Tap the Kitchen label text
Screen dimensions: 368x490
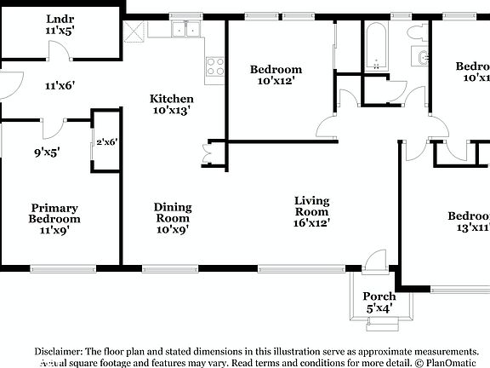coord(172,99)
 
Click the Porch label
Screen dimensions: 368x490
coord(379,296)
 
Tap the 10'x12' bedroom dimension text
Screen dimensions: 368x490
coord(276,82)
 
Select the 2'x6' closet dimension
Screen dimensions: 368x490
coord(105,143)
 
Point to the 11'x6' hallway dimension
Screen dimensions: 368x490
coord(60,85)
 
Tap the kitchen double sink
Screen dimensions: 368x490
coord(184,30)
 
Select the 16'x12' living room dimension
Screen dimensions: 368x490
coord(311,223)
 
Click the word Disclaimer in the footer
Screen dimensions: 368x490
coord(61,351)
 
